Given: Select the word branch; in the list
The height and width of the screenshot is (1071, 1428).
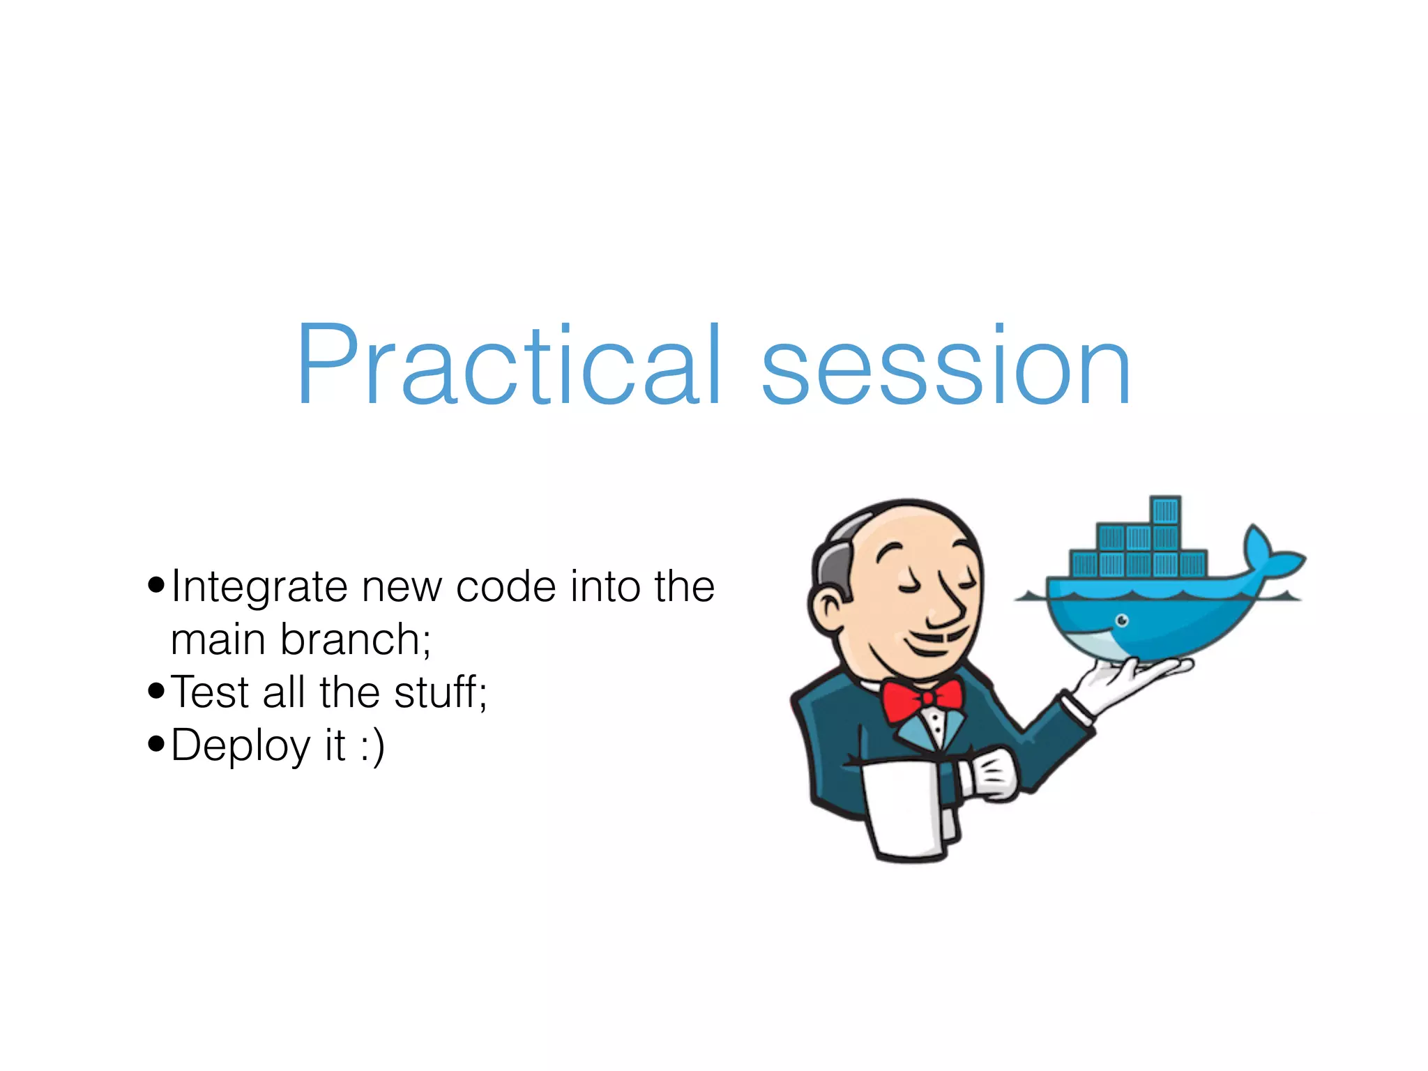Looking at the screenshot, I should [x=356, y=639].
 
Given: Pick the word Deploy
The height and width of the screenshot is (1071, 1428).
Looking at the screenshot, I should [x=241, y=746].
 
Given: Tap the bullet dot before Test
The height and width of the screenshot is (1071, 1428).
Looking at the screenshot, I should [x=156, y=691].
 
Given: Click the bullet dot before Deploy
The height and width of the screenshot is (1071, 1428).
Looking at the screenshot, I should [x=156, y=744].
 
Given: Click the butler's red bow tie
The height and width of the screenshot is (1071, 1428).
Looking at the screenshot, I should [x=922, y=699].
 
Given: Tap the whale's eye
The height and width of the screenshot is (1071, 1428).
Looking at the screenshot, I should [x=1122, y=620].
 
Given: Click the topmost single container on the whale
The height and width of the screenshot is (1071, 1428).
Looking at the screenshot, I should [x=1165, y=510].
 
